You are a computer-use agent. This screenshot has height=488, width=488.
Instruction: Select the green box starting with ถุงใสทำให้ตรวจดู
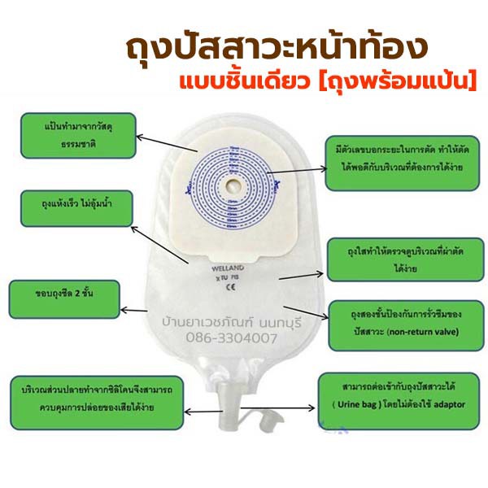click(393, 259)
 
